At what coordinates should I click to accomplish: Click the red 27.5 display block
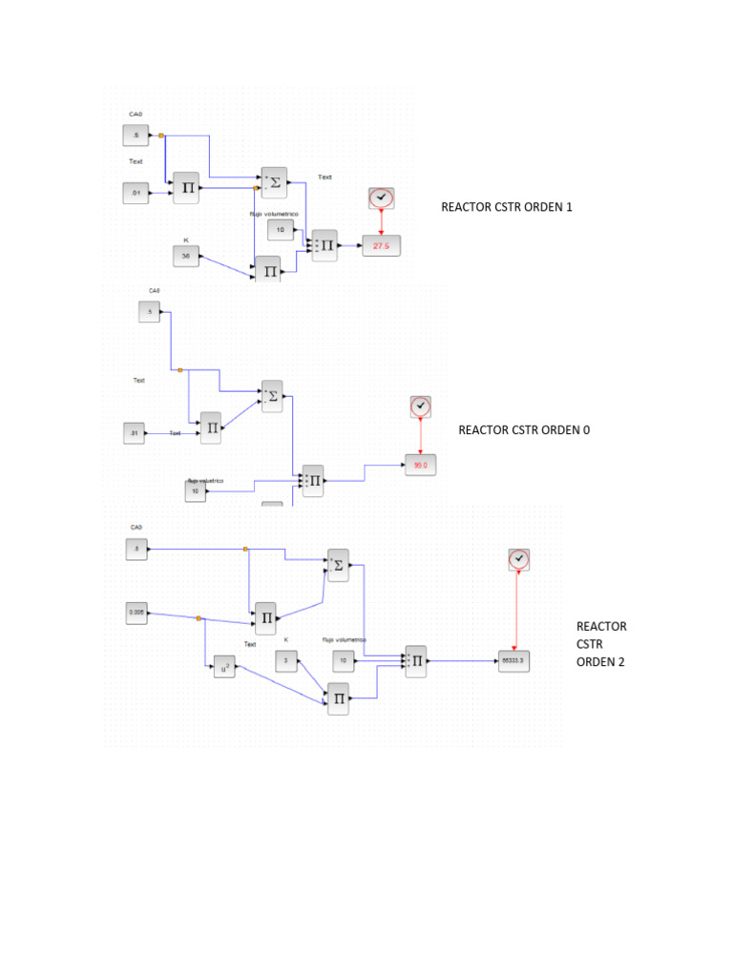tap(381, 245)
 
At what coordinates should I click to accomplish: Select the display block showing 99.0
tap(420, 466)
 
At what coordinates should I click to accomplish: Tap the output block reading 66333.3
tap(513, 660)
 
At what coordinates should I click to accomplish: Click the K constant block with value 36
tap(186, 255)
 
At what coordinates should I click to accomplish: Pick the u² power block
tap(225, 666)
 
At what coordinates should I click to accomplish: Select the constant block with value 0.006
tap(137, 613)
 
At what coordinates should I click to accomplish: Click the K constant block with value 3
tap(286, 660)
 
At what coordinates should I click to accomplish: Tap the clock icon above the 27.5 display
tap(381, 197)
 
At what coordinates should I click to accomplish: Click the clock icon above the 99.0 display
tap(421, 405)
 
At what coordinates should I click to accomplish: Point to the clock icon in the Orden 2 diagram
tap(518, 559)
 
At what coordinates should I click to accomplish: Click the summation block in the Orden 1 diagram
tap(274, 179)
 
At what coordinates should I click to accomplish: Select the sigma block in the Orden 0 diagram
tap(273, 394)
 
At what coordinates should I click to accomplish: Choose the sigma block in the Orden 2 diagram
tap(338, 564)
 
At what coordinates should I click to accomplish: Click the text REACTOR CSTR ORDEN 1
tap(506, 206)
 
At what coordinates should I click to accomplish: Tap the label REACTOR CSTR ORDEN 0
tap(524, 429)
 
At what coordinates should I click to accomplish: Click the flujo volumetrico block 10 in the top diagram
tap(281, 231)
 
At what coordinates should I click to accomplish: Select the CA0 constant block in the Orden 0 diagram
tap(149, 311)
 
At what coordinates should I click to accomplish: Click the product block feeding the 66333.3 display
tap(416, 660)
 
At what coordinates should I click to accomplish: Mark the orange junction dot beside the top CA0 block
tap(161, 135)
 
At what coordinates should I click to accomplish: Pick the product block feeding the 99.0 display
tap(313, 481)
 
